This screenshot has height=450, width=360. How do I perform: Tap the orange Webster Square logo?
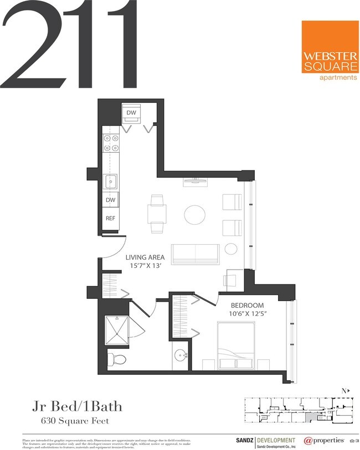(x=330, y=51)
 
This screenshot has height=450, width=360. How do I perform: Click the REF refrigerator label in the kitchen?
(x=110, y=218)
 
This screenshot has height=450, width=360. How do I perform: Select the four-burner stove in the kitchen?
(x=110, y=143)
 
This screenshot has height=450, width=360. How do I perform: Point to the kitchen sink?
(x=110, y=181)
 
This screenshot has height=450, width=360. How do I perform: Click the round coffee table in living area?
(x=194, y=215)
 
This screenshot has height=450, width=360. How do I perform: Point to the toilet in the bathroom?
(x=117, y=359)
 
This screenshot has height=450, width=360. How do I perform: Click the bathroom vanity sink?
(x=181, y=354)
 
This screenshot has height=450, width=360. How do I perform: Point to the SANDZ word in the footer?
(x=243, y=440)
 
